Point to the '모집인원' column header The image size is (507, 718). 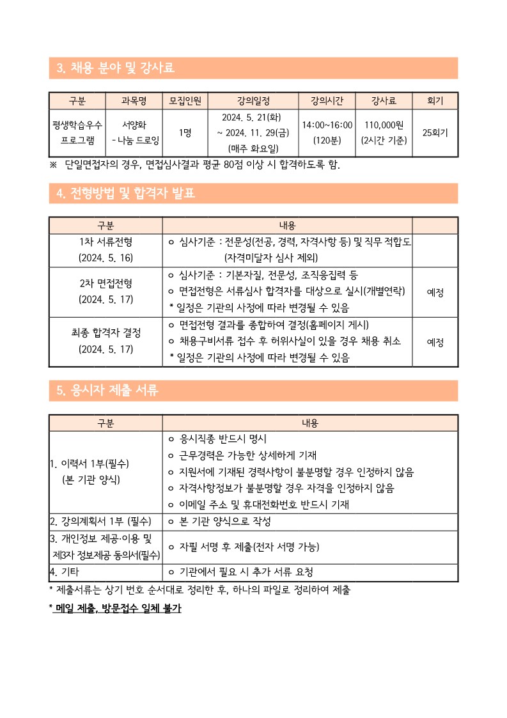coord(185,100)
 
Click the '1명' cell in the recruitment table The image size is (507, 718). coord(185,133)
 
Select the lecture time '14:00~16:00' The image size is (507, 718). coord(327,125)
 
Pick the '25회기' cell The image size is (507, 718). coord(435,133)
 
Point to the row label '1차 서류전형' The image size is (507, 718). coord(105,241)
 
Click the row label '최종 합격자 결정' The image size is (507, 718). coord(105,332)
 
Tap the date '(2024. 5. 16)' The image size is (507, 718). coord(105,257)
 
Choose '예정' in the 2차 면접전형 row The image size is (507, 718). coord(435,292)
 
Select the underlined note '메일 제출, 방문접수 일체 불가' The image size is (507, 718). coord(118,608)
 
